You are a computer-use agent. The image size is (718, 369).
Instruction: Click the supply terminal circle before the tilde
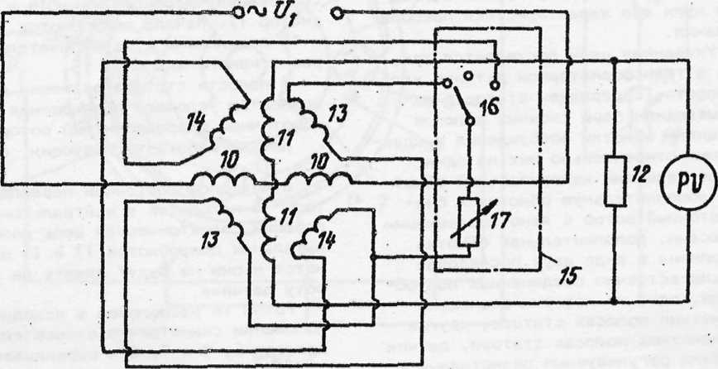pyautogui.click(x=239, y=12)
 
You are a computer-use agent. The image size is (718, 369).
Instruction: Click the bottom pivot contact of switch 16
pyautogui.click(x=470, y=122)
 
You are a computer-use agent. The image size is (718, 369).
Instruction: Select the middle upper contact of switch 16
pyautogui.click(x=469, y=75)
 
